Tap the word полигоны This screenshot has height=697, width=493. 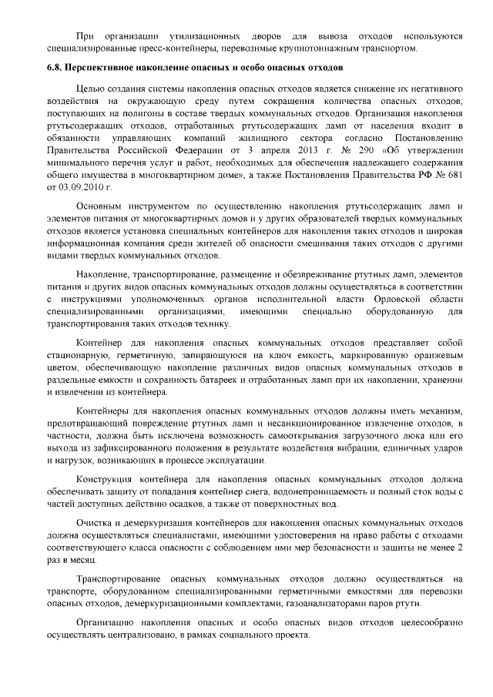tap(136, 113)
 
